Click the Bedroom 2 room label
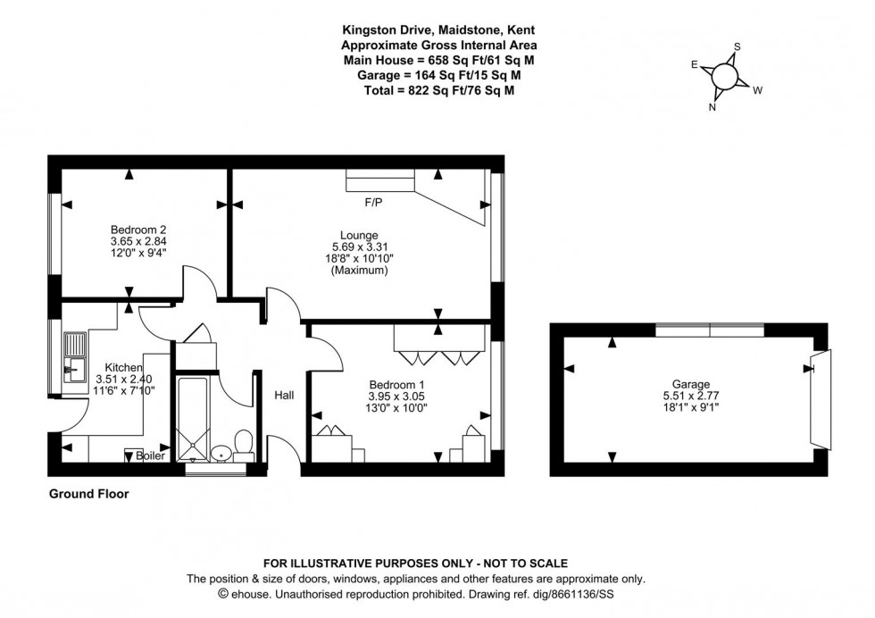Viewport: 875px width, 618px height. point(138,228)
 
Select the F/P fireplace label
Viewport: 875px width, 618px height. point(373,203)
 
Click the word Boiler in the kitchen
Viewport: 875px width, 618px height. point(151,455)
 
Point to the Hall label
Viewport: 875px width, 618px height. point(284,395)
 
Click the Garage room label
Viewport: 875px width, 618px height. point(692,385)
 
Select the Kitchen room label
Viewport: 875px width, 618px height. point(124,367)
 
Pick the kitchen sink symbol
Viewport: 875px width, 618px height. point(74,354)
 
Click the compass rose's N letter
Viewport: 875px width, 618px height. point(712,107)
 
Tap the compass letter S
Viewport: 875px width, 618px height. point(737,47)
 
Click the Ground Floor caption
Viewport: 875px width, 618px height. point(88,494)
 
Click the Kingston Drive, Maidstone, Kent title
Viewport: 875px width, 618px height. point(439,30)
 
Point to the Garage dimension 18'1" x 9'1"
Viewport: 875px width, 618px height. point(692,408)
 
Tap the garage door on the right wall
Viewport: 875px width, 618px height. point(820,398)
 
